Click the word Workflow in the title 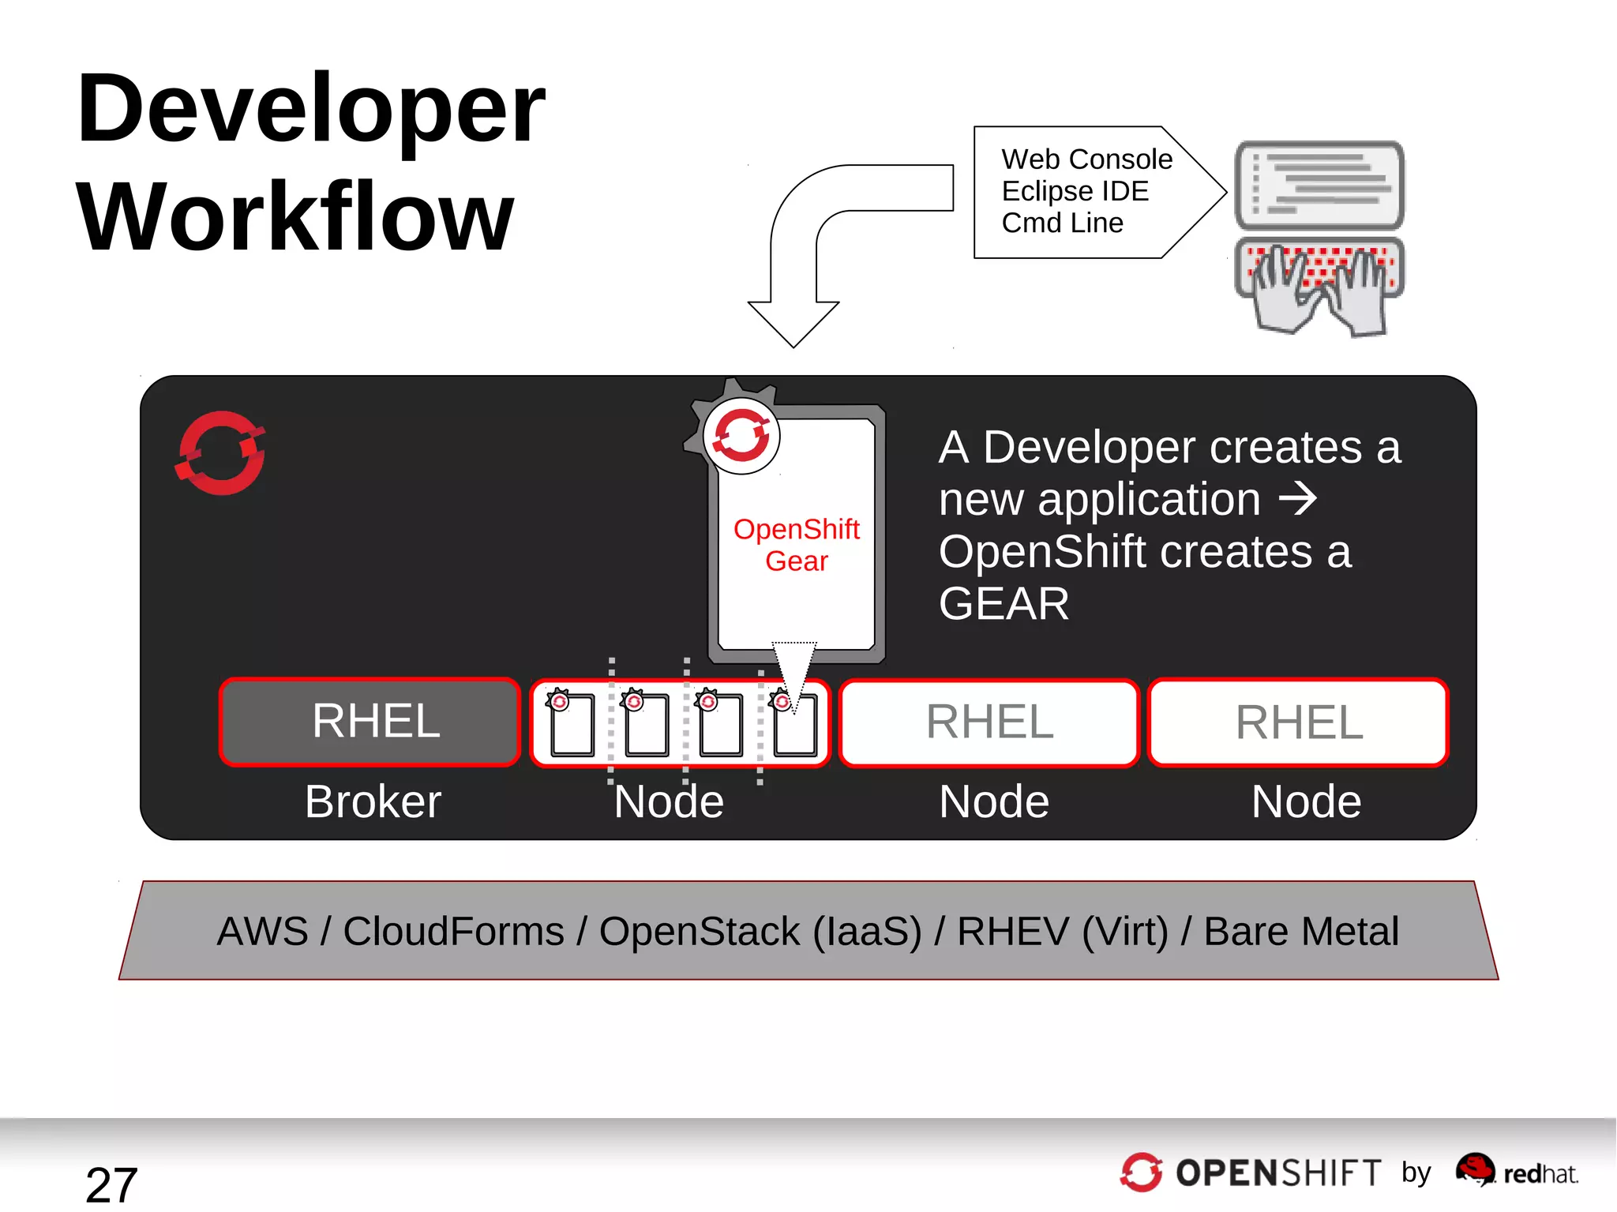[295, 217]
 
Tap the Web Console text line [1086, 159]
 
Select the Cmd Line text [1062, 223]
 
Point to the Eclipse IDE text [1075, 191]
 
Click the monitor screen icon [1319, 185]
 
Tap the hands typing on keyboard [1319, 287]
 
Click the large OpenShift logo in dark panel [221, 453]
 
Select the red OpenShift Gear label [796, 545]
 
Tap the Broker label [373, 802]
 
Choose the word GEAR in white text [1004, 604]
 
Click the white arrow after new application [1297, 499]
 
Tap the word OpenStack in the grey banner [699, 932]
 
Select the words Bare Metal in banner [1300, 932]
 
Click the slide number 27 [111, 1184]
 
